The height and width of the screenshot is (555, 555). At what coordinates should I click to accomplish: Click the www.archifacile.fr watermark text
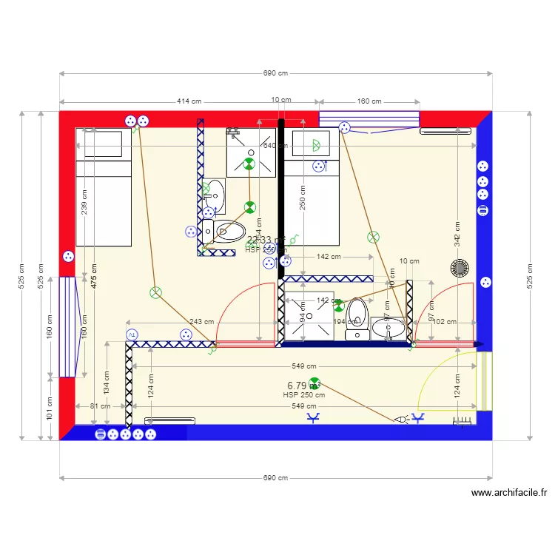(510, 493)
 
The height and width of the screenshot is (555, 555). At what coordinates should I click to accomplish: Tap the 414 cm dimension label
(189, 101)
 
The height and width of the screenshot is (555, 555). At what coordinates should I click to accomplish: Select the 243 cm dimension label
(201, 322)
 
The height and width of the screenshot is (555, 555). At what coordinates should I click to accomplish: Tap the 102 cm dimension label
(444, 322)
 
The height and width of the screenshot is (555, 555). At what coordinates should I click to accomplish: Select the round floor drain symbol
(460, 267)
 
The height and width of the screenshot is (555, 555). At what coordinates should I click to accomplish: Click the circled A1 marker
(132, 334)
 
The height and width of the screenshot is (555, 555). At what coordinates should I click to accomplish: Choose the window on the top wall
(369, 119)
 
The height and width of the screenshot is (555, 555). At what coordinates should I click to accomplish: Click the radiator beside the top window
(445, 132)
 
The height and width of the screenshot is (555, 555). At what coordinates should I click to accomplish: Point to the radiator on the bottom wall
(169, 420)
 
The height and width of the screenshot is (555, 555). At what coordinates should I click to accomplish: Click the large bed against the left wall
(104, 188)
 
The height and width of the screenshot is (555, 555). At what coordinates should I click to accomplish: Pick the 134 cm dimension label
(106, 383)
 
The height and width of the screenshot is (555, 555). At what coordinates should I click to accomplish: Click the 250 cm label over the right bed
(302, 198)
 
